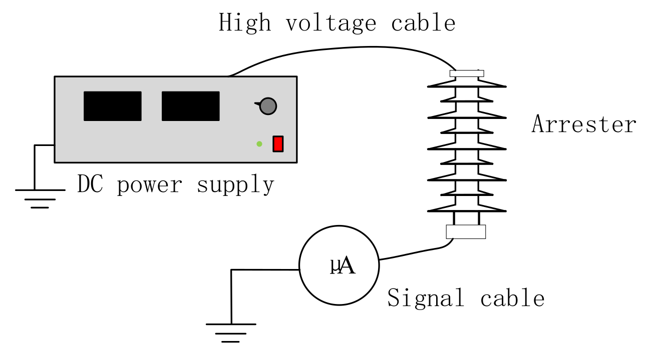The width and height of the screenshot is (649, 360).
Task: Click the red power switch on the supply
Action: tap(278, 143)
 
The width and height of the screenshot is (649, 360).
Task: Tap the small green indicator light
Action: tap(259, 144)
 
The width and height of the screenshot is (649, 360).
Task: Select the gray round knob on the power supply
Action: tap(268, 106)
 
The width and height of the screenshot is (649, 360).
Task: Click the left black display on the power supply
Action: tap(112, 106)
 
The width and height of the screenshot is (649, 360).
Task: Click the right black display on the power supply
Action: tap(190, 106)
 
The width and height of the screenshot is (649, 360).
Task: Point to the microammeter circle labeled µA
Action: tap(339, 265)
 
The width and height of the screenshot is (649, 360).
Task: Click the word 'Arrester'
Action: tap(583, 124)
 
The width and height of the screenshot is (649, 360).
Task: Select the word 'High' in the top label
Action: tap(245, 23)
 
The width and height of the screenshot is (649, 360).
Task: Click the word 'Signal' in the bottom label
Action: tap(426, 298)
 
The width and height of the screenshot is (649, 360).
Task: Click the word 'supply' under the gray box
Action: tap(235, 184)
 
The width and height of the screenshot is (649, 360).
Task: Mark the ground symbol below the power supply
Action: tap(40, 197)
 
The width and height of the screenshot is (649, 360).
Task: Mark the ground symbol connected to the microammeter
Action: tap(231, 332)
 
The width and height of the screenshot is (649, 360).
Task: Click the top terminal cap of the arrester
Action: tap(467, 73)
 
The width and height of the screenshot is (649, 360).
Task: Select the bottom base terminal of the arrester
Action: tap(466, 231)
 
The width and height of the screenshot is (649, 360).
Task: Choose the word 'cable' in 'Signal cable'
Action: tap(512, 298)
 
